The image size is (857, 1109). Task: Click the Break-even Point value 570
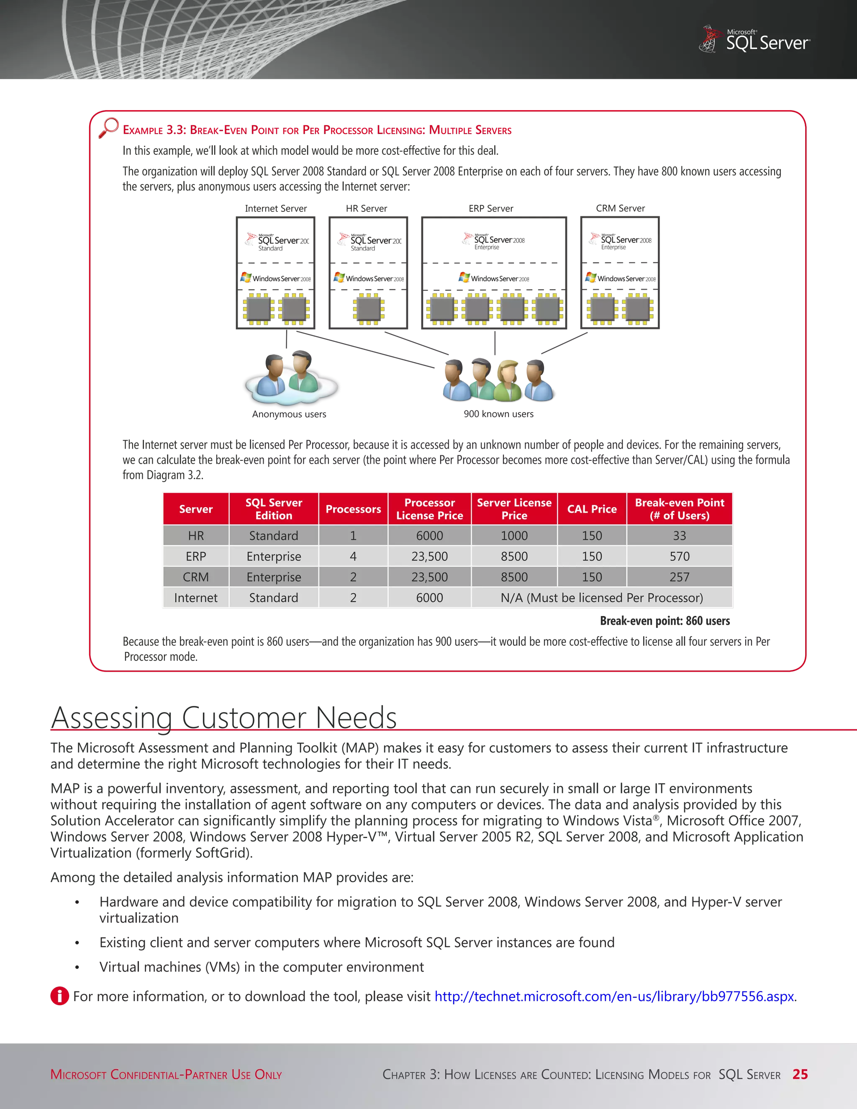pyautogui.click(x=679, y=556)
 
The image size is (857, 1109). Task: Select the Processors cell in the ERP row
pyautogui.click(x=353, y=556)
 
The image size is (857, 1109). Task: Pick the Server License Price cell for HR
pyautogui.click(x=514, y=535)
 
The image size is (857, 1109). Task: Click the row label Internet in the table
pyautogui.click(x=195, y=598)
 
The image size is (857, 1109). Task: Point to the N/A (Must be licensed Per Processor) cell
pyautogui.click(x=602, y=598)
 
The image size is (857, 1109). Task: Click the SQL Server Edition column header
pyautogui.click(x=274, y=509)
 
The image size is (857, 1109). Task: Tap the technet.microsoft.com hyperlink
pyautogui.click(x=614, y=996)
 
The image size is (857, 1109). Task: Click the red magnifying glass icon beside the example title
pyautogui.click(x=109, y=128)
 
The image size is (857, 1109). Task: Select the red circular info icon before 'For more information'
pyautogui.click(x=59, y=996)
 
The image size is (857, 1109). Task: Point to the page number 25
pyautogui.click(x=800, y=1074)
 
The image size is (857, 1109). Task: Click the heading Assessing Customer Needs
pyautogui.click(x=224, y=717)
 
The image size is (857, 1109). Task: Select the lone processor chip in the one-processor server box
pyautogui.click(x=369, y=309)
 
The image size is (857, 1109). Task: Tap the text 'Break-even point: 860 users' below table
pyautogui.click(x=664, y=621)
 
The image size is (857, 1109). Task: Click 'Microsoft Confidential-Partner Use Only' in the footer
pyautogui.click(x=166, y=1074)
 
